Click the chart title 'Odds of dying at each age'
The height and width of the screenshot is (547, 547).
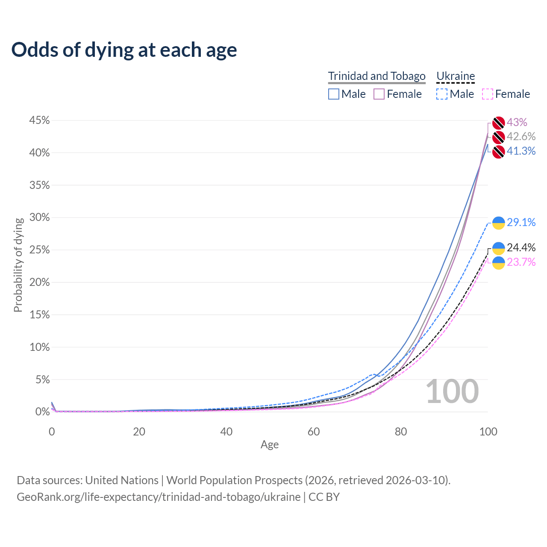[124, 50]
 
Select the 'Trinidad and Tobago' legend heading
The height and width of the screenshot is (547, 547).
[376, 76]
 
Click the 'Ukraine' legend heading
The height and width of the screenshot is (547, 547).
[456, 76]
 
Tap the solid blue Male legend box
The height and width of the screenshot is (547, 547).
[334, 94]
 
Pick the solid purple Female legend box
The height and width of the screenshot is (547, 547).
[379, 94]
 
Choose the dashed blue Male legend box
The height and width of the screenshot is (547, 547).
[442, 94]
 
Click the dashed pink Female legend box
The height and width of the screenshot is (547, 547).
[487, 94]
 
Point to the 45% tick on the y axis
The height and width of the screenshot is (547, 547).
[39, 121]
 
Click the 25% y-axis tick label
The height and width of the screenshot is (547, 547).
[39, 250]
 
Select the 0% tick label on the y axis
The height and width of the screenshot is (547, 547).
[42, 412]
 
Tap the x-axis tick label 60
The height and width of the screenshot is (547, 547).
[314, 432]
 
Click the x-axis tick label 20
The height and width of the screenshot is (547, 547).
[139, 432]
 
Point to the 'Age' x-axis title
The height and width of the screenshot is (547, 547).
[270, 444]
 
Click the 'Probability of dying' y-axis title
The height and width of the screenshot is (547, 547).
[18, 265]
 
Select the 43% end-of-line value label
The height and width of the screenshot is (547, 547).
[517, 123]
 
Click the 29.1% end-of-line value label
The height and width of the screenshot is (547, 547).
[521, 222]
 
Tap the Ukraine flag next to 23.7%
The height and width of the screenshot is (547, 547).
[499, 263]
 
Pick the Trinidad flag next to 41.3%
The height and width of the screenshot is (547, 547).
[499, 152]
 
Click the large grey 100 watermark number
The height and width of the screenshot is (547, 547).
[452, 391]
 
